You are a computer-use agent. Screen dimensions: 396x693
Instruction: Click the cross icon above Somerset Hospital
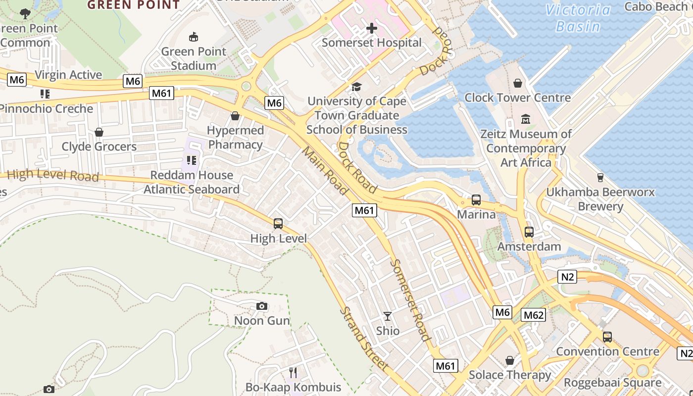371,28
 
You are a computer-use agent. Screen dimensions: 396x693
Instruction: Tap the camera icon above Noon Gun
262,306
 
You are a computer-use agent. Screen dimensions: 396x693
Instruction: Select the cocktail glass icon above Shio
388,316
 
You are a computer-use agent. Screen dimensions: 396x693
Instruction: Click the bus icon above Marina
476,200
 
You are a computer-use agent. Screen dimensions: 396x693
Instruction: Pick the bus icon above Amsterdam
529,232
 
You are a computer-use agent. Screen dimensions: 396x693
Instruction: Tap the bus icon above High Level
278,224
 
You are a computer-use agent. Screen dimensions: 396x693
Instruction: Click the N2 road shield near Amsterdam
567,277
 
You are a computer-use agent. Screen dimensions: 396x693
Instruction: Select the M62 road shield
534,315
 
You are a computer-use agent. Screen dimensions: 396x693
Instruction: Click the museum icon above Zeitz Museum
526,119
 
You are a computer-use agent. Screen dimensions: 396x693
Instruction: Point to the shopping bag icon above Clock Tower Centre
517,83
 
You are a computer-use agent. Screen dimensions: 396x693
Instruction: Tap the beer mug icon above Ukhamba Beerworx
600,177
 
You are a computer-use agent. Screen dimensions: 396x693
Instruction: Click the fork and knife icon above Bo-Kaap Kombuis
293,372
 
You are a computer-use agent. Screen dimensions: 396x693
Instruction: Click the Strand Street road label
363,339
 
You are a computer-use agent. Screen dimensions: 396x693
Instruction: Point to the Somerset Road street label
410,300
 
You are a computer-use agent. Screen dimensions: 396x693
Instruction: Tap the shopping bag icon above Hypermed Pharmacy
235,116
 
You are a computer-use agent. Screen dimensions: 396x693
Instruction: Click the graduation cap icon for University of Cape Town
356,87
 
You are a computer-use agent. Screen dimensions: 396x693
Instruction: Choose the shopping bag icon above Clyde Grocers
99,132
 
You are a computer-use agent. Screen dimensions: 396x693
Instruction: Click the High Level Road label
53,175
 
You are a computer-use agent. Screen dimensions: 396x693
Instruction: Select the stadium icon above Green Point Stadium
194,37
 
